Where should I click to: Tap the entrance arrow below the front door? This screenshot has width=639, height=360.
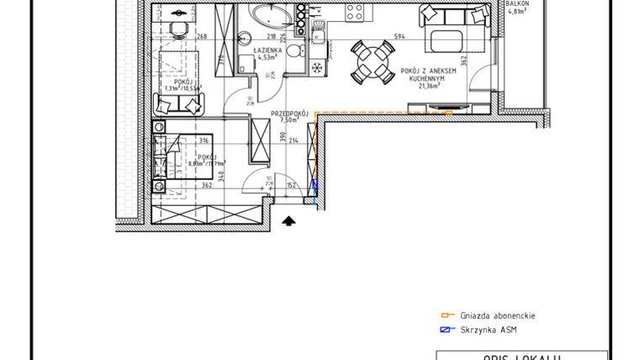pos(288,221)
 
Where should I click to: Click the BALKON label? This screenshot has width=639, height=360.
pos(517,4)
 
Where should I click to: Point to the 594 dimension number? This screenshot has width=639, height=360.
pos(399,36)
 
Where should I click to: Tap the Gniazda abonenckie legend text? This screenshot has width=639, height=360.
pos(496,315)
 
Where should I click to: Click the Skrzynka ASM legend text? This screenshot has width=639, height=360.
pos(489,330)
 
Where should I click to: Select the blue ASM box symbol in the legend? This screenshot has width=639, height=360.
pos(446,330)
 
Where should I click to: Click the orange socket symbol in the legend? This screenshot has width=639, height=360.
pos(446,315)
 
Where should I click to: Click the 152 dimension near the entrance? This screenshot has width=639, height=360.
pos(291,185)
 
